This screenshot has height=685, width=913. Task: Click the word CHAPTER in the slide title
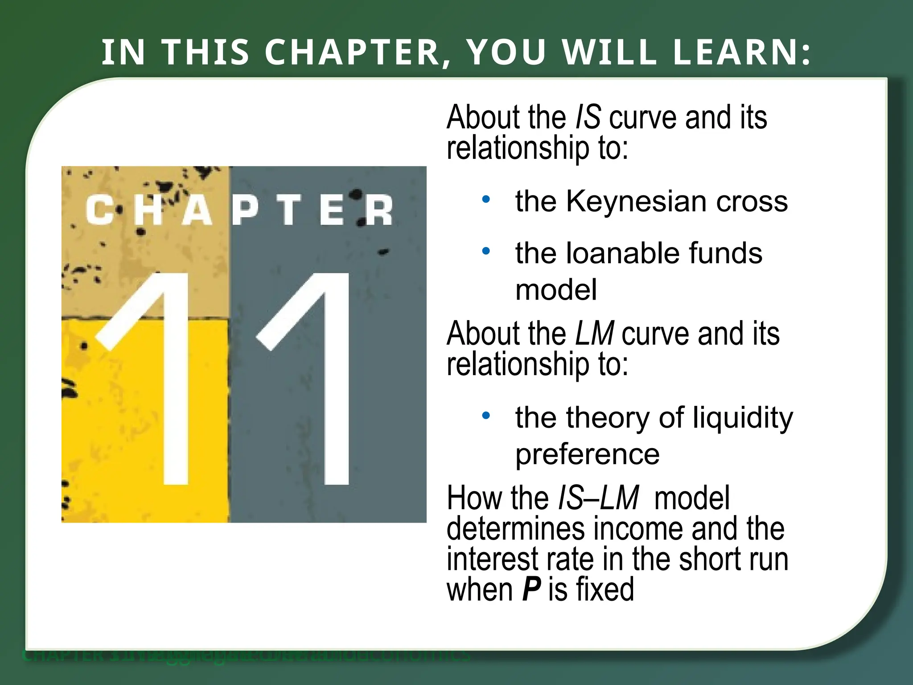pyautogui.click(x=352, y=52)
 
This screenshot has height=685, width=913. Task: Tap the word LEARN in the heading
pyautogui.click(x=736, y=52)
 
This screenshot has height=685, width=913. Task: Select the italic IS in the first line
pyautogui.click(x=588, y=117)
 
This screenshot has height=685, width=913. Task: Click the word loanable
pyautogui.click(x=622, y=253)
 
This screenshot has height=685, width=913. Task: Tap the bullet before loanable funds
pyautogui.click(x=486, y=251)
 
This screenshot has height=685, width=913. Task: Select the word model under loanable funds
pyautogui.click(x=556, y=290)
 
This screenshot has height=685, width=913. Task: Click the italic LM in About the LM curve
pyautogui.click(x=594, y=334)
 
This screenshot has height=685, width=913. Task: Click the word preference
pyautogui.click(x=587, y=454)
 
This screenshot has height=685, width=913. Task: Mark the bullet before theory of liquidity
pyautogui.click(x=486, y=416)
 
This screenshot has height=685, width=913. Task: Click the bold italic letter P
pyautogui.click(x=531, y=589)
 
